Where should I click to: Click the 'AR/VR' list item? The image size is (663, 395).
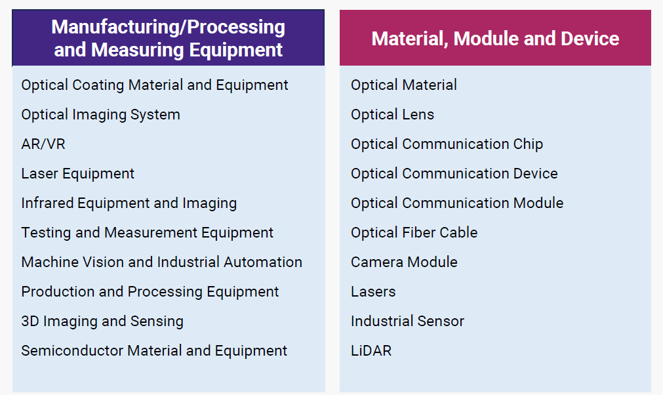pos(43,144)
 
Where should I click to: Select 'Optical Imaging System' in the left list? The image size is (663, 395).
pos(100,115)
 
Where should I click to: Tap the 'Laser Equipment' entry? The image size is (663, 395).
pos(78,174)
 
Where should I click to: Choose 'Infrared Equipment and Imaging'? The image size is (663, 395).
pos(129,203)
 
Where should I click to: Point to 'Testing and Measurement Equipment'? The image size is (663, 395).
pos(147,233)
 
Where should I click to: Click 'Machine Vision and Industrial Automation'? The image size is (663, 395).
pos(162,262)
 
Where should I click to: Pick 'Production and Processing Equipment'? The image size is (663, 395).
pos(150,292)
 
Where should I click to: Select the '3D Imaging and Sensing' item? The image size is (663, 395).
pos(102,322)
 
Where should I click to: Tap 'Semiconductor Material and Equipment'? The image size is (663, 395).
pos(154,351)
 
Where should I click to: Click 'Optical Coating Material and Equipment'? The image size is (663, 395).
pos(155,85)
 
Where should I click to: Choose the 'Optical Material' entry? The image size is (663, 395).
pos(404,85)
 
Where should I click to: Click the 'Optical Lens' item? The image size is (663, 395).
pos(392,115)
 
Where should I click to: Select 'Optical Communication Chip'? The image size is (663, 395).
pos(447,144)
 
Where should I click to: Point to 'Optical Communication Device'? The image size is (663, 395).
pos(454,174)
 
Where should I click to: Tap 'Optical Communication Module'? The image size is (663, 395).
pos(457,203)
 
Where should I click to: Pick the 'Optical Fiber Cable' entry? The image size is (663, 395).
pos(414,233)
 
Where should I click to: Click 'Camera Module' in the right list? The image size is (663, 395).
pos(404,262)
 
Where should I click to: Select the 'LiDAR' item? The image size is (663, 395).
pos(371,351)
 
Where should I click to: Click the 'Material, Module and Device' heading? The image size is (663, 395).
pos(495,39)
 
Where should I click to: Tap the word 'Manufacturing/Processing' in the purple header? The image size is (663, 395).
pos(169,28)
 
